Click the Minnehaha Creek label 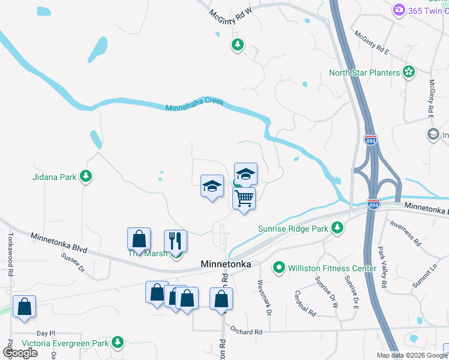click(x=194, y=104)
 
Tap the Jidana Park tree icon click(x=87, y=176)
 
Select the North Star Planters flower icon click(x=409, y=72)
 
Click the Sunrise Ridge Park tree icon click(x=337, y=228)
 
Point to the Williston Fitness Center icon click(x=279, y=268)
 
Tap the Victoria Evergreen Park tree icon click(x=118, y=343)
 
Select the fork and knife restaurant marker click(x=175, y=241)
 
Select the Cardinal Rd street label click(x=305, y=304)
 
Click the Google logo click(x=20, y=352)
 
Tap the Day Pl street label click(x=45, y=333)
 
